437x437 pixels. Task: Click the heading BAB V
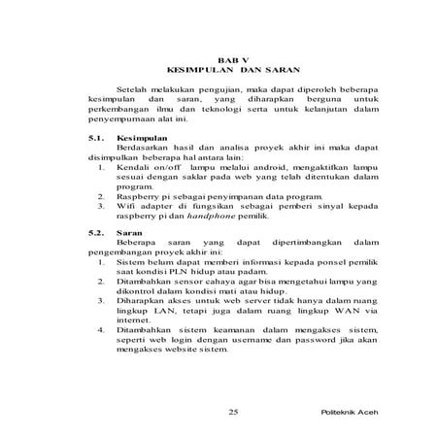(x=233, y=60)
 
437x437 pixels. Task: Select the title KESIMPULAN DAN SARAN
(x=233, y=72)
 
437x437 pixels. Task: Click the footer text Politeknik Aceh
(x=347, y=412)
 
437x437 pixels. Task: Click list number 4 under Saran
(x=102, y=330)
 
